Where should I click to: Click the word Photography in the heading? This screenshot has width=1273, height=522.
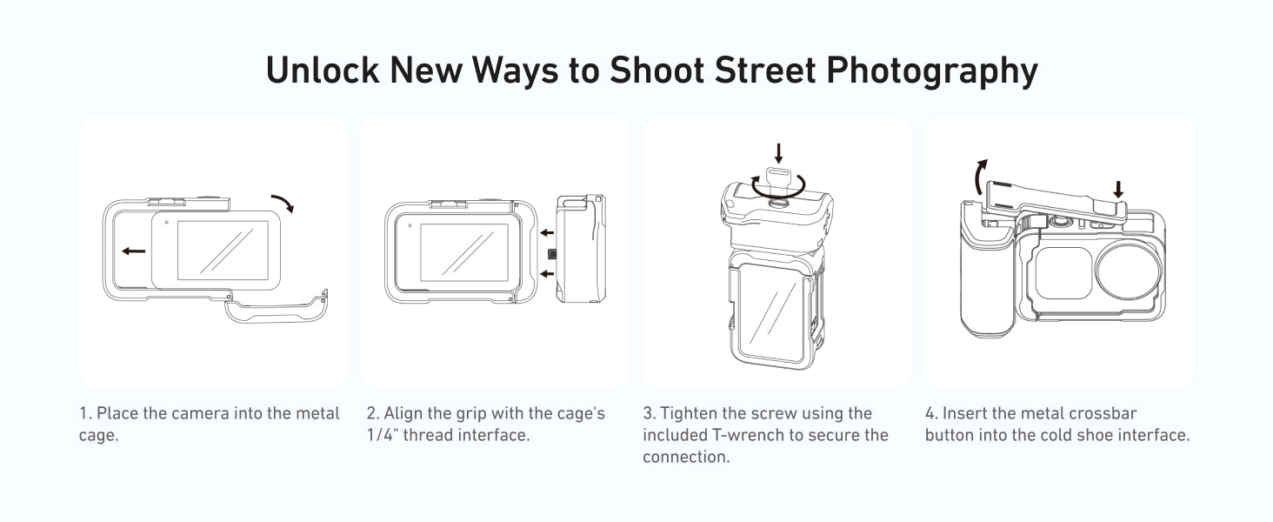coord(932,71)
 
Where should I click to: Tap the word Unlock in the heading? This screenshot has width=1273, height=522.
coord(323,70)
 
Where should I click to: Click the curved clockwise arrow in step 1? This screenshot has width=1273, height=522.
coord(283,202)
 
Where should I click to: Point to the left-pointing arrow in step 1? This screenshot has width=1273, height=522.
coord(134,251)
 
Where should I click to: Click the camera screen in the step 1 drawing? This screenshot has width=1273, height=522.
coord(223,251)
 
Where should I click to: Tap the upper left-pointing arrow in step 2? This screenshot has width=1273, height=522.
coord(547,232)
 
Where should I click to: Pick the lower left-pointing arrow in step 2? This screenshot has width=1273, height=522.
coord(547,274)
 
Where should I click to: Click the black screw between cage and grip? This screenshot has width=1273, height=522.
coord(551,254)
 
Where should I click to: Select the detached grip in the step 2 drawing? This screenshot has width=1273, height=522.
coord(580,249)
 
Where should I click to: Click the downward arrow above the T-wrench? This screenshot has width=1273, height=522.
coord(778,153)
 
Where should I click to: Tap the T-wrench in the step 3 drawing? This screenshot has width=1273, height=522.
coord(777,183)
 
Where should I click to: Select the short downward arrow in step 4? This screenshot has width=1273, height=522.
coord(1118,190)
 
